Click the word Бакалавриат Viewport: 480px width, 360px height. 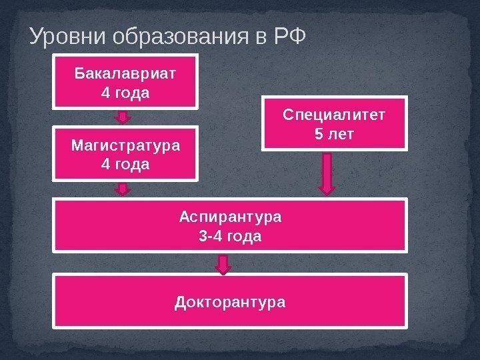[125, 73]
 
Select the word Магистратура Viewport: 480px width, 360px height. [125, 145]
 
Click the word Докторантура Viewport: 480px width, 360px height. [230, 302]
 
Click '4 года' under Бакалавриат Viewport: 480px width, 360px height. [125, 91]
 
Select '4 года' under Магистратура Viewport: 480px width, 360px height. [125, 163]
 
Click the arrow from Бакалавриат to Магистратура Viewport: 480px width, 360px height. [123, 117]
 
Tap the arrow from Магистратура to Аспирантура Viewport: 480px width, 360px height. [123, 189]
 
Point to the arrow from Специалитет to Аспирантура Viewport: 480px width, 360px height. [327, 175]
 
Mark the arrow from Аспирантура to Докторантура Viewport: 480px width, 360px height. [225, 265]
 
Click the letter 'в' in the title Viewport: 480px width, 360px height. [260, 37]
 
